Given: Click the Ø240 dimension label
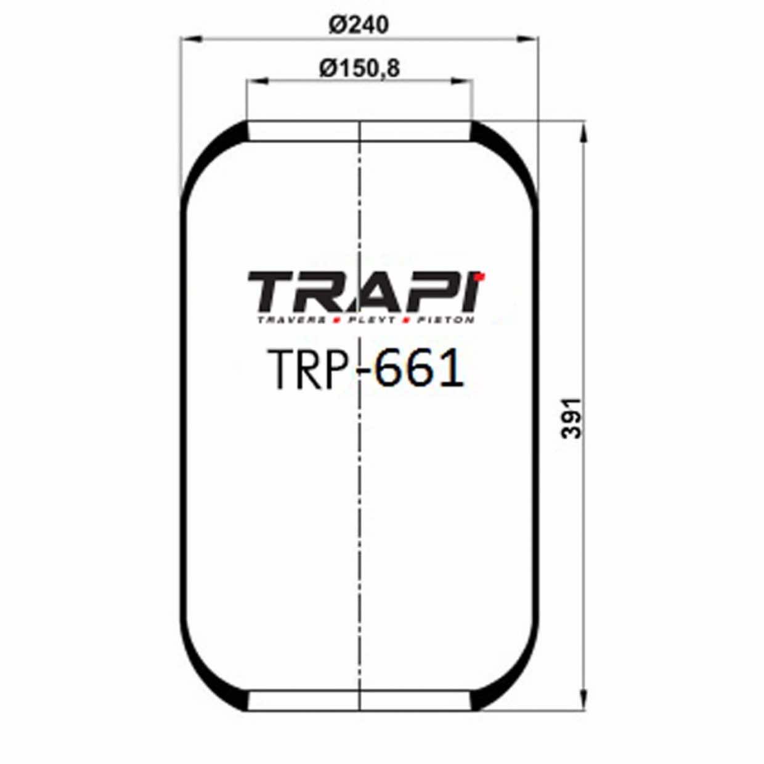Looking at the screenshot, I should click(x=359, y=25).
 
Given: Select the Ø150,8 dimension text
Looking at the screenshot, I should click(x=360, y=68).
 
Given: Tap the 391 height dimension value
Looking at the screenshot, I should click(x=572, y=417).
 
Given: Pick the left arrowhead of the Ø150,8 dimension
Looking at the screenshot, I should click(x=254, y=81).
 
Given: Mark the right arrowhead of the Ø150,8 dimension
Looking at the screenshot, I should click(x=465, y=81).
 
